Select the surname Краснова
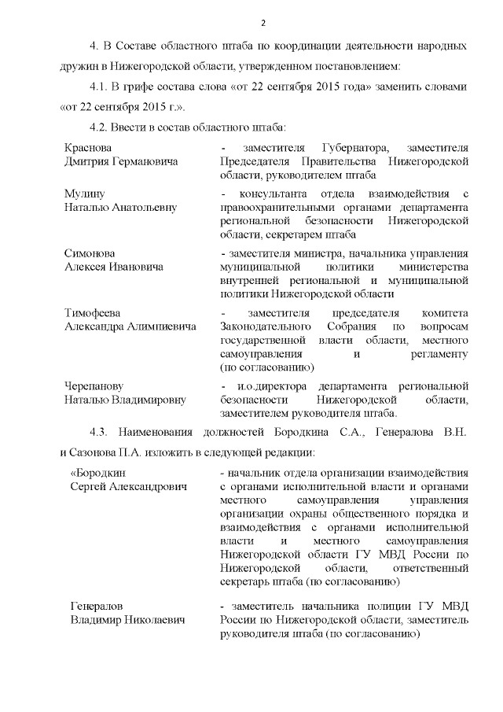point(88,148)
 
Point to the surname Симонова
point(90,254)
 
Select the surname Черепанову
point(94,386)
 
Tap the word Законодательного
point(272,326)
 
